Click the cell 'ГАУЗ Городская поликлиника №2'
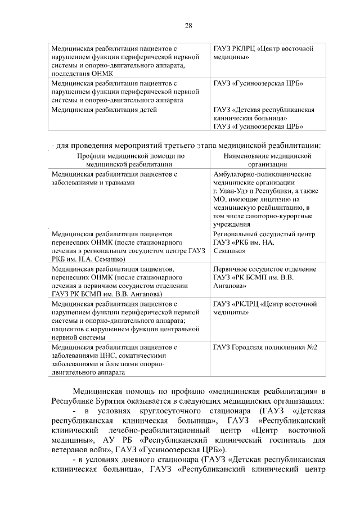pos(265,347)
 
